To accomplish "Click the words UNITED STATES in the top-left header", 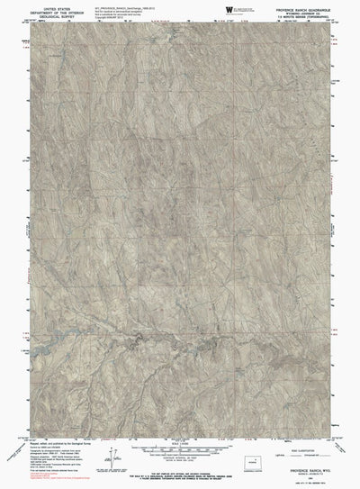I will click(46, 7).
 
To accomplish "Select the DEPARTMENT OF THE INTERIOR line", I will click(46, 12).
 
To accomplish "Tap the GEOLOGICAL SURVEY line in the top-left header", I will click(46, 16).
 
